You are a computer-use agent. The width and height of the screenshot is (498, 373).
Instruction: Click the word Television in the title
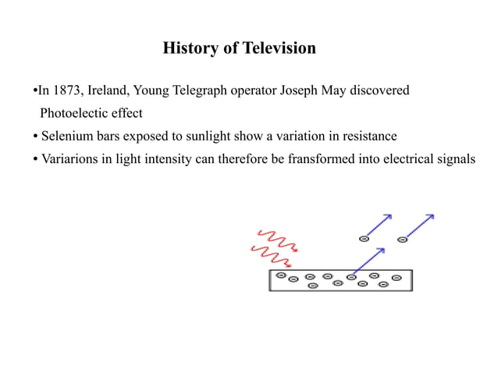click(279, 48)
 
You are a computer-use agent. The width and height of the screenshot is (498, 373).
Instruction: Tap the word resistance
click(369, 136)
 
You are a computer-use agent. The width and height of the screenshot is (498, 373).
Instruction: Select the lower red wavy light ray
click(269, 256)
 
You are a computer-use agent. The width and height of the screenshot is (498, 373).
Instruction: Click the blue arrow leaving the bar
click(369, 261)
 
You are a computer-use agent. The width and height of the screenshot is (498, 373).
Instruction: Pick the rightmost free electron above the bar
click(402, 239)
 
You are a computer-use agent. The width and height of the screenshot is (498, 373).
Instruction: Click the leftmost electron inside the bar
click(280, 275)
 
